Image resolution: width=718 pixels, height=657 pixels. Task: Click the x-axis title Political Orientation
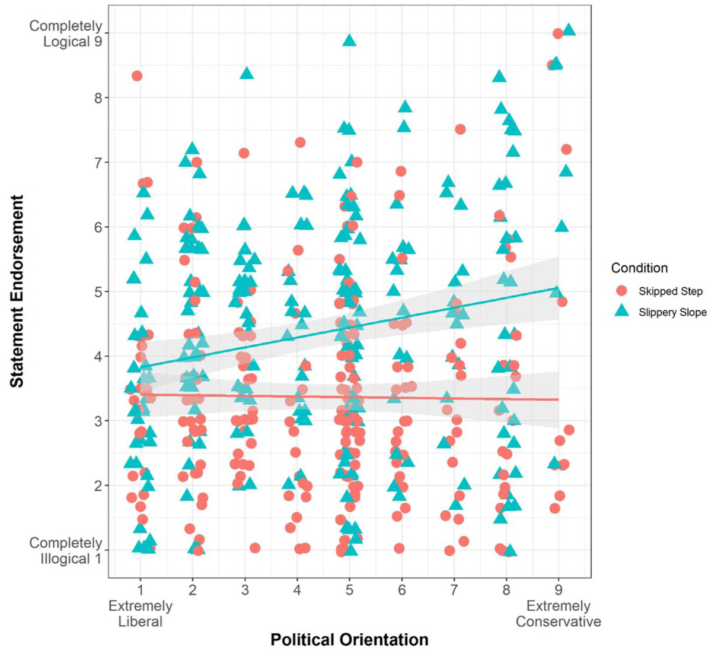coord(349,639)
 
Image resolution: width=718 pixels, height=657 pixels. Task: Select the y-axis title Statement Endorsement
coord(17,291)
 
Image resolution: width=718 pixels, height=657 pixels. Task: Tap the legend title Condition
coord(639,268)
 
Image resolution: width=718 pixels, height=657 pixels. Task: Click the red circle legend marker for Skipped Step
coord(621,291)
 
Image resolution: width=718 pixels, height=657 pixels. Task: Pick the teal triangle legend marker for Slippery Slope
coord(621,312)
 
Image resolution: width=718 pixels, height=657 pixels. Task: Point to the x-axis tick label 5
coord(349,590)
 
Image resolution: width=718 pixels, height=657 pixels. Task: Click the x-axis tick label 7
coord(454,590)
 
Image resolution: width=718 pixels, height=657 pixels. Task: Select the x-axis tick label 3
coord(245,590)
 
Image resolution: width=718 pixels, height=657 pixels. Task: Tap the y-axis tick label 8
coord(98,98)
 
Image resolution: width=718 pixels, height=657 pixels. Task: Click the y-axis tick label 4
coord(98,357)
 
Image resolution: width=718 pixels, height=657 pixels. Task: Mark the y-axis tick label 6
coord(98,227)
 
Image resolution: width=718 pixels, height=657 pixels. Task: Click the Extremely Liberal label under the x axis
coord(141,614)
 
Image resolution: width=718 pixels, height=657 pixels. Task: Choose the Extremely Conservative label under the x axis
coord(558,614)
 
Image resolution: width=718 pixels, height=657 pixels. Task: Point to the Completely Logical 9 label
coord(66,34)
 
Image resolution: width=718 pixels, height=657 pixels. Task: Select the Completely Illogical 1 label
coord(66,551)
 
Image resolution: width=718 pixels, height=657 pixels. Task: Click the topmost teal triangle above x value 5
coord(349,40)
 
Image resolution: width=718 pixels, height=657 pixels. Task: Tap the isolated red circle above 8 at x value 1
coord(137,76)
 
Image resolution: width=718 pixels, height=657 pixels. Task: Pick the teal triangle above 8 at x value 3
coord(247,74)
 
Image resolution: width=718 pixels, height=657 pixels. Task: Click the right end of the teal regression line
coord(558,288)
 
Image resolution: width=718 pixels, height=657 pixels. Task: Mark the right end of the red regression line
coord(558,399)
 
